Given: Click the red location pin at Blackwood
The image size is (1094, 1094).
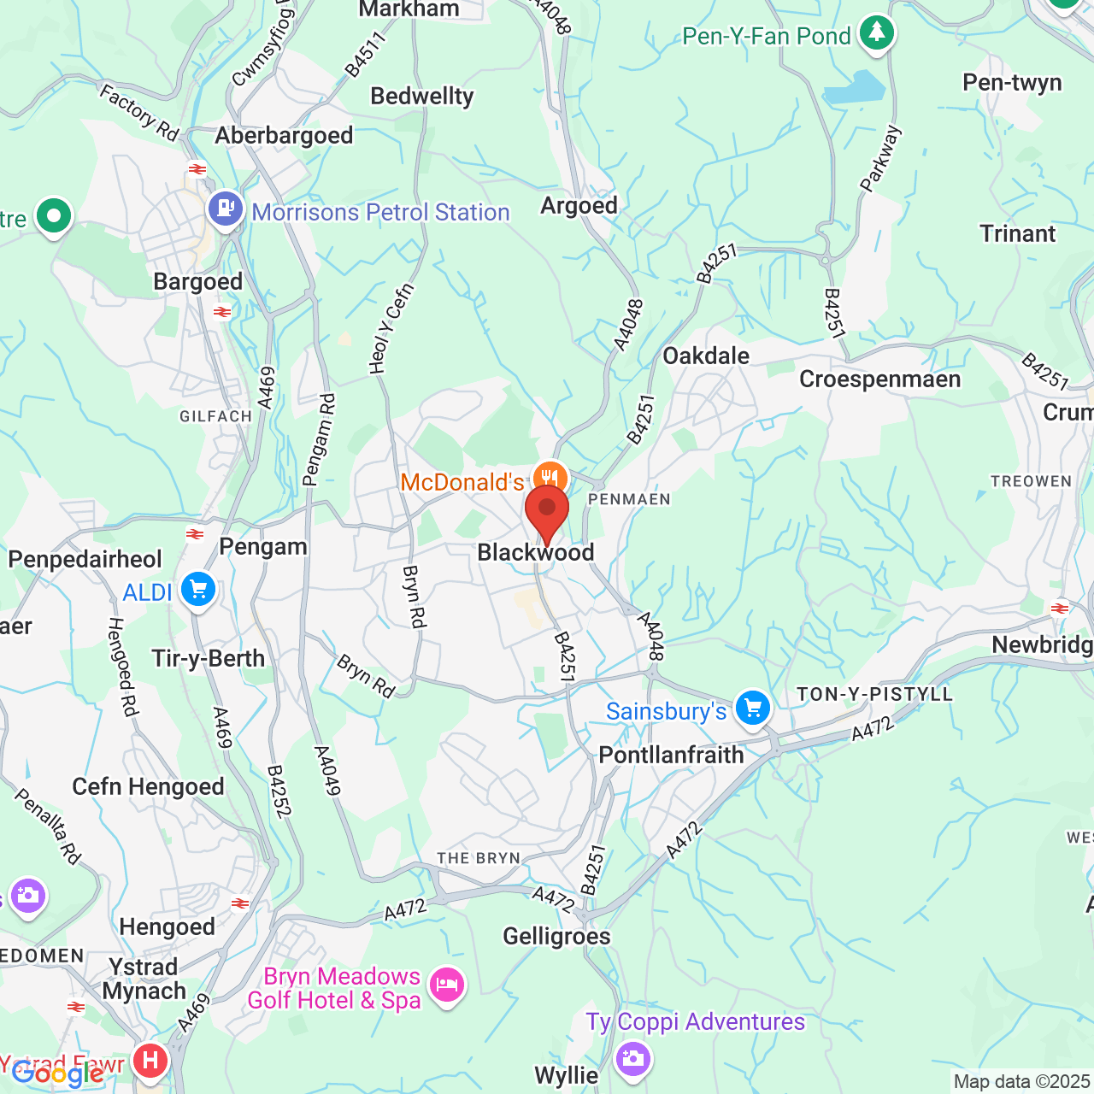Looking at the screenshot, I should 547,511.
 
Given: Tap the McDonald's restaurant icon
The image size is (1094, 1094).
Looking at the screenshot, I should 550,478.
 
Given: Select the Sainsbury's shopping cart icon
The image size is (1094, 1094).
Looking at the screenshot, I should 753,709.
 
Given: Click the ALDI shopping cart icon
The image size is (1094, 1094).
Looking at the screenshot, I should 198,590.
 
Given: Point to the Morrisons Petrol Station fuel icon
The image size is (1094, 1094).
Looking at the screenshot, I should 226,209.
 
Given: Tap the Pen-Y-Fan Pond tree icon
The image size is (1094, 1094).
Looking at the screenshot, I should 876,33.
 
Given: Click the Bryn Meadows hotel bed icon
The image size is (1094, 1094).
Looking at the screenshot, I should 447,985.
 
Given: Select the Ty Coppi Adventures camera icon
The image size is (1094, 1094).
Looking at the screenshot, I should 632,1060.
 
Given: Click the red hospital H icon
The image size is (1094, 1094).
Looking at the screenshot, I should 151,1062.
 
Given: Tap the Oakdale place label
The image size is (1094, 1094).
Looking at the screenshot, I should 706,356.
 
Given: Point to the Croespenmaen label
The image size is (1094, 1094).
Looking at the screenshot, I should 879,379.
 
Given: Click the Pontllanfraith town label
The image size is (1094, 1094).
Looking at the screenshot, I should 671,755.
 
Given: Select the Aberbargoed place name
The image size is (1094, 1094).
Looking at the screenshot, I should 284,135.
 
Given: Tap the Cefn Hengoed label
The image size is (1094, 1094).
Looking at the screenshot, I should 148,786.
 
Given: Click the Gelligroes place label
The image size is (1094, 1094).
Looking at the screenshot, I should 556,937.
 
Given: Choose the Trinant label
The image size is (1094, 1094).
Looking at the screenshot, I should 1017,233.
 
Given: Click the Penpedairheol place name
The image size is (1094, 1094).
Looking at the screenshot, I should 85,559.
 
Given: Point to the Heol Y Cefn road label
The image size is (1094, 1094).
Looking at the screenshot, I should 391,329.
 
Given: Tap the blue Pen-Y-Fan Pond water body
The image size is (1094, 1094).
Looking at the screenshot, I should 855,88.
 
